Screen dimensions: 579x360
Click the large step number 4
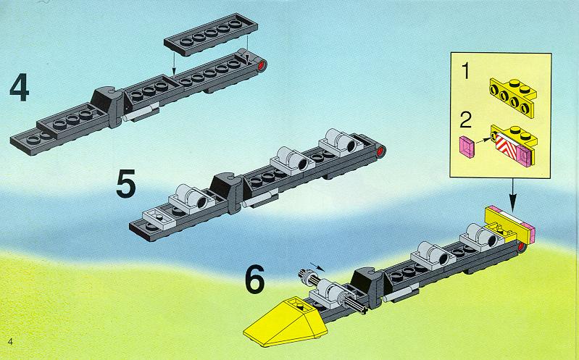pos(19,87)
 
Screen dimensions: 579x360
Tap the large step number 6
pos(255,279)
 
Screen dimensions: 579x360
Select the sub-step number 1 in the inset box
pos(466,71)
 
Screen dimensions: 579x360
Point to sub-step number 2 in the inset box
pos(466,120)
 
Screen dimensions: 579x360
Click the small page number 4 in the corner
pos(10,342)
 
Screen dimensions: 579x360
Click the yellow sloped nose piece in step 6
pos(285,321)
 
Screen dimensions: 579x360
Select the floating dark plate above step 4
pos(211,34)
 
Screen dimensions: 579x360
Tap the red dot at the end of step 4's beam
pos(262,66)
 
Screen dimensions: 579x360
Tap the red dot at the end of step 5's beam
pos(380,151)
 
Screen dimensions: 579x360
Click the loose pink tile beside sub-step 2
pos(467,146)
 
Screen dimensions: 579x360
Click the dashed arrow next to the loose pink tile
pos(483,141)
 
